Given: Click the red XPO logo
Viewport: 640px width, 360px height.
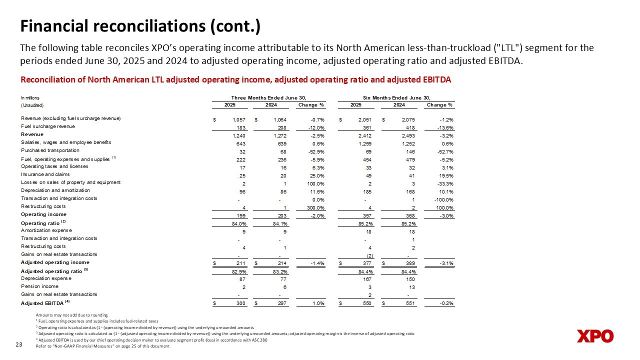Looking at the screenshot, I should [x=594, y=336].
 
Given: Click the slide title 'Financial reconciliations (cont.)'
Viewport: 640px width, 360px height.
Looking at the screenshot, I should [x=140, y=26].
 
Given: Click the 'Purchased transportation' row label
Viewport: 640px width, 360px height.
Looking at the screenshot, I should [x=50, y=150].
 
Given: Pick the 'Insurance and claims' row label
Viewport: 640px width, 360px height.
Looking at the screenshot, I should [x=45, y=174].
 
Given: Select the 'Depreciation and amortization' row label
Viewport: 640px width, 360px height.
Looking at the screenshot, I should [x=55, y=190].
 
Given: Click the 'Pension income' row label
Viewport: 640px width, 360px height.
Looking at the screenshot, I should [x=39, y=286].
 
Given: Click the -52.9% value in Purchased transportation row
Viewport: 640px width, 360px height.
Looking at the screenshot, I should [x=315, y=150].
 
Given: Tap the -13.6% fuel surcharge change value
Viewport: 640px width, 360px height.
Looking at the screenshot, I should [x=443, y=127].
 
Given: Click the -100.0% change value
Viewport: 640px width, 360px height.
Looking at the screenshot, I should [x=442, y=199].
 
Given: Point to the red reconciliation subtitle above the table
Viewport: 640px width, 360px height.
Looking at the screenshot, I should [x=235, y=80].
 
